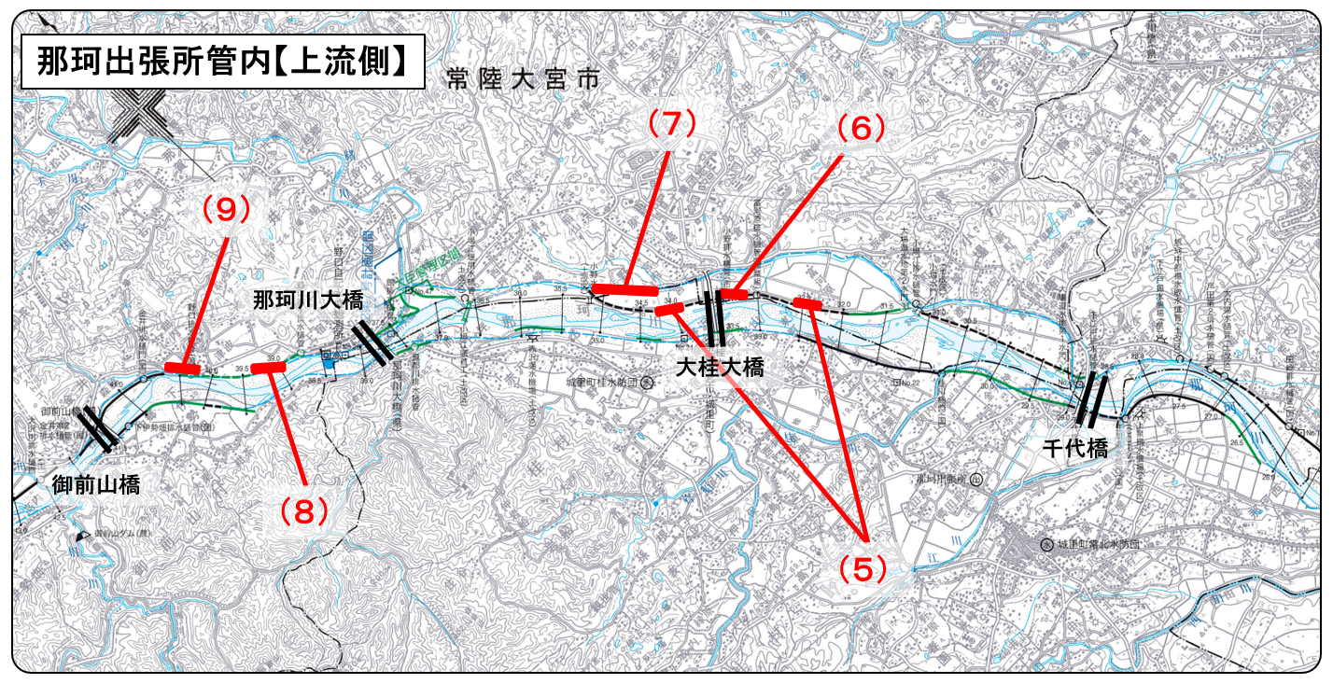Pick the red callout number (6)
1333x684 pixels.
(859, 129)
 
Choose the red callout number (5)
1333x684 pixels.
(860, 567)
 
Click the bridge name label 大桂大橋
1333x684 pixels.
(720, 367)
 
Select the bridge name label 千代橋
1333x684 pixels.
(1074, 448)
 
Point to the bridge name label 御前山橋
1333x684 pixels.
(96, 484)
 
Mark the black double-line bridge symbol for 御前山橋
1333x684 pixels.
(98, 428)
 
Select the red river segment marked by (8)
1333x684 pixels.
(269, 368)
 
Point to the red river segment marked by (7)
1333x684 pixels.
(625, 289)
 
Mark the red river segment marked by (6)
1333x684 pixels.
(734, 294)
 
